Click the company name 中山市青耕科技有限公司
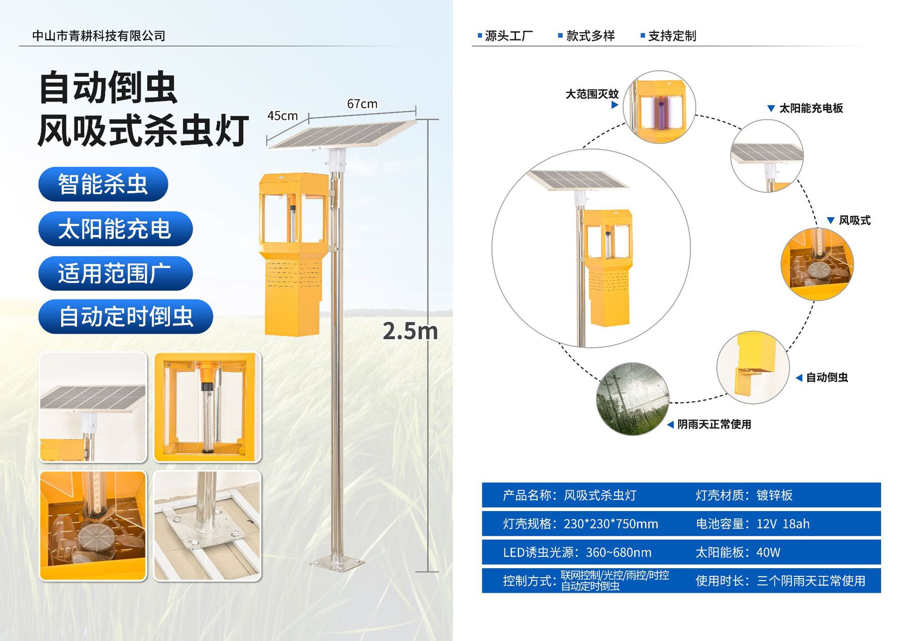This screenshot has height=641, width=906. [x=99, y=36]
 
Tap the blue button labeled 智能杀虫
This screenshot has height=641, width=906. [x=103, y=184]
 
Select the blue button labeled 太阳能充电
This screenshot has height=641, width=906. [x=116, y=229]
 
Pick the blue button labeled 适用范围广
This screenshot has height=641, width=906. [x=116, y=273]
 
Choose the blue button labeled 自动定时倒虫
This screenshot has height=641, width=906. [x=126, y=316]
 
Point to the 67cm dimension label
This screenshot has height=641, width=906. [x=362, y=104]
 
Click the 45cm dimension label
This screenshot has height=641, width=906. [x=282, y=116]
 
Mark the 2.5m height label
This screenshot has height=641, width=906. [x=410, y=331]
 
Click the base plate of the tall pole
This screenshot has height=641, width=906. [x=337, y=564]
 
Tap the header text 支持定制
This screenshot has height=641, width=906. [x=672, y=36]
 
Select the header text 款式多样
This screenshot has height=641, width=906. [x=590, y=36]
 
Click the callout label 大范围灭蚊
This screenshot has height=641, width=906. [x=592, y=94]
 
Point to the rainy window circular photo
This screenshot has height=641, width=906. [x=633, y=399]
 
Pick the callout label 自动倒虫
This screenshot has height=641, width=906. [x=827, y=377]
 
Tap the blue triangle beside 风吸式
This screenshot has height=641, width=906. [x=830, y=221]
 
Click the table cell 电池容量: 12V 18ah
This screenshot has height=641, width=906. [x=753, y=524]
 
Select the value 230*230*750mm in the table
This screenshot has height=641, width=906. [x=611, y=524]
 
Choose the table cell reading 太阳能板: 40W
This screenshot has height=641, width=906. [x=738, y=552]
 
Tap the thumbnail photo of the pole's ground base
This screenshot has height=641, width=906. [x=207, y=525]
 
